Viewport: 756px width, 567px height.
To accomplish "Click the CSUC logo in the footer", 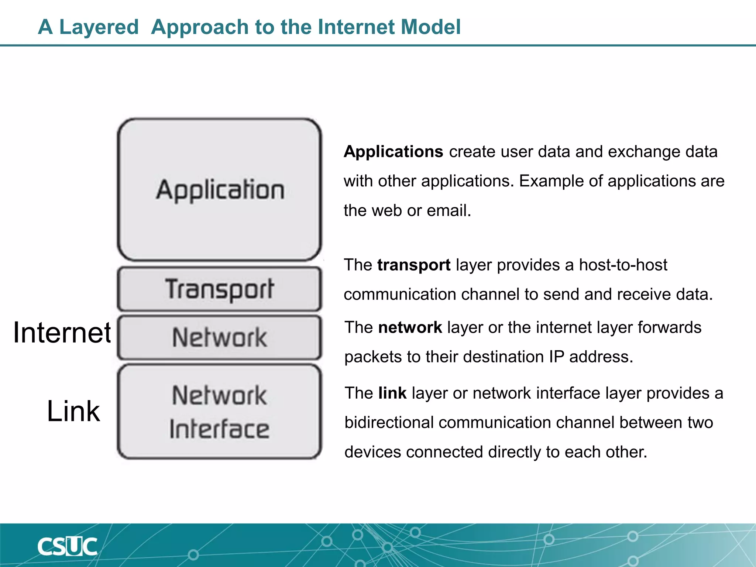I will pyautogui.click(x=67, y=547).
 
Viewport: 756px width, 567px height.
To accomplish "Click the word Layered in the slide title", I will pyautogui.click(x=99, y=27).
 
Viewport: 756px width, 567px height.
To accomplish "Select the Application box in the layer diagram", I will pyautogui.click(x=220, y=189).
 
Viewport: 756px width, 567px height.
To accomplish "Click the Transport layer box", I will pyautogui.click(x=220, y=289).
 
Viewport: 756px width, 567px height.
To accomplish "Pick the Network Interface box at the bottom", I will pyautogui.click(x=220, y=412).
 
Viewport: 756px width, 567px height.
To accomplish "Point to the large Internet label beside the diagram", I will pyautogui.click(x=62, y=333).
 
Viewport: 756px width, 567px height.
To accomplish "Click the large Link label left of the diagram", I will pyautogui.click(x=73, y=411).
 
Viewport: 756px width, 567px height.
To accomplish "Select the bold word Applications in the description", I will pyautogui.click(x=393, y=152).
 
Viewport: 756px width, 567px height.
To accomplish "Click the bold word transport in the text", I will pyautogui.click(x=413, y=265).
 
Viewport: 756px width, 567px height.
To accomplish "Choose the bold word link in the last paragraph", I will pyautogui.click(x=392, y=393).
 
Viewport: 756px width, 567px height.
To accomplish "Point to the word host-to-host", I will pyautogui.click(x=623, y=265).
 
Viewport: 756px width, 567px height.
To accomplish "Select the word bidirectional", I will pyautogui.click(x=389, y=423).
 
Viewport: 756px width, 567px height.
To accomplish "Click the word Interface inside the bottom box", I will pyautogui.click(x=220, y=429).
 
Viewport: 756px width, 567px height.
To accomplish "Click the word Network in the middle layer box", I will pyautogui.click(x=220, y=337).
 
